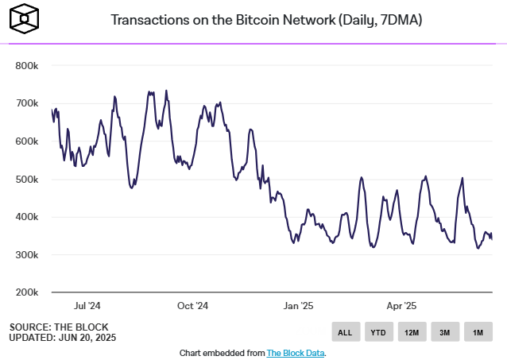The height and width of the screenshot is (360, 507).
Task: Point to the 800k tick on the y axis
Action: point(28,65)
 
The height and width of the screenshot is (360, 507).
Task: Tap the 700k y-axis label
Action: point(28,103)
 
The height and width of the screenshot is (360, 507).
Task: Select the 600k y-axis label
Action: point(28,141)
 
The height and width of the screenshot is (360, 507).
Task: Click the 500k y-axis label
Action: point(28,180)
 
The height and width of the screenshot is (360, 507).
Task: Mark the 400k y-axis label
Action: point(28,217)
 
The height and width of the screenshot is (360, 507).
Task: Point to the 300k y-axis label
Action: point(28,255)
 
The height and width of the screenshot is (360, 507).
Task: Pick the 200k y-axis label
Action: point(28,292)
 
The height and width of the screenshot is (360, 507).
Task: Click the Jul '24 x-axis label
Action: point(86,305)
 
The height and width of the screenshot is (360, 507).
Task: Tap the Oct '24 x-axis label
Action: point(192,305)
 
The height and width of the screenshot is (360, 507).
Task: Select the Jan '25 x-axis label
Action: point(298,305)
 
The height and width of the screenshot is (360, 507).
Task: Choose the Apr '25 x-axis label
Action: point(401,305)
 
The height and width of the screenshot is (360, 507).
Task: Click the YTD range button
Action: point(378,332)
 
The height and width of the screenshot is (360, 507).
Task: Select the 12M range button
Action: point(412,332)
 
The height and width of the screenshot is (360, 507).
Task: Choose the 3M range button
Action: point(444,332)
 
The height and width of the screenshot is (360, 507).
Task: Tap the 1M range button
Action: point(478,332)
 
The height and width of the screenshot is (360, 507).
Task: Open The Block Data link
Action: point(295,352)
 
